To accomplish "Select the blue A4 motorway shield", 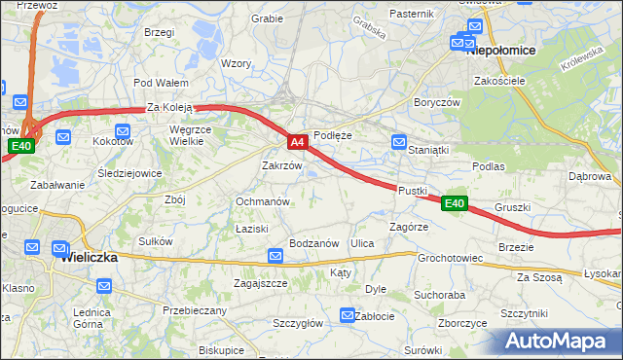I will pos(299,142).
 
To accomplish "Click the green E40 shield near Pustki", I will pos(454,203).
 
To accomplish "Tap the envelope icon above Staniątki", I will pos(398,142).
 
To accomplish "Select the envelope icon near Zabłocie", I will pos(348,314).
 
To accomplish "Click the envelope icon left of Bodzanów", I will pos(275,256).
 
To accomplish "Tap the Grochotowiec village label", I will pos(451,259).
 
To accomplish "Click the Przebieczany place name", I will pos(195,310).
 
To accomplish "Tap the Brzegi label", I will pos(158,32).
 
